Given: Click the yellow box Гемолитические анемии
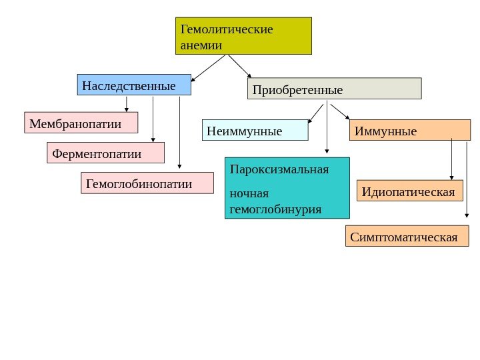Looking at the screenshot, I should coord(244,36).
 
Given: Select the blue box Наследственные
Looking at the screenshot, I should coord(134,85).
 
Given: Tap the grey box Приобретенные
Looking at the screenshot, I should coord(334,89).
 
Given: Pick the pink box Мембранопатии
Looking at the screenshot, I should coord(81,123).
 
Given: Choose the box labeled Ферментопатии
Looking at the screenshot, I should coord(105,153).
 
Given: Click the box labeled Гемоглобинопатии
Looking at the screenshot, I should coord(147,183).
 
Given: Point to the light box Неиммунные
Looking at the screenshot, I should coord(255,131).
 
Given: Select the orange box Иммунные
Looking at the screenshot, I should coord(409,131).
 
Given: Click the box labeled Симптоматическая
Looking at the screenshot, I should coord(407,236).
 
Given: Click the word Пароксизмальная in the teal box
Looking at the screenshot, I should coord(279,169).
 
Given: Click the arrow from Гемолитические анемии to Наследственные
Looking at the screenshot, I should coord(208,67).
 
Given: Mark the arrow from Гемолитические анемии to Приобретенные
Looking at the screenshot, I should coord(240,67).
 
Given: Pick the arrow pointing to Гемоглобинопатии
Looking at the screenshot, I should coord(179,133).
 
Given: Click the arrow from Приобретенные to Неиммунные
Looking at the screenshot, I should coord(316,113).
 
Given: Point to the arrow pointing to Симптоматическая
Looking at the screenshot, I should coord(467,180).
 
